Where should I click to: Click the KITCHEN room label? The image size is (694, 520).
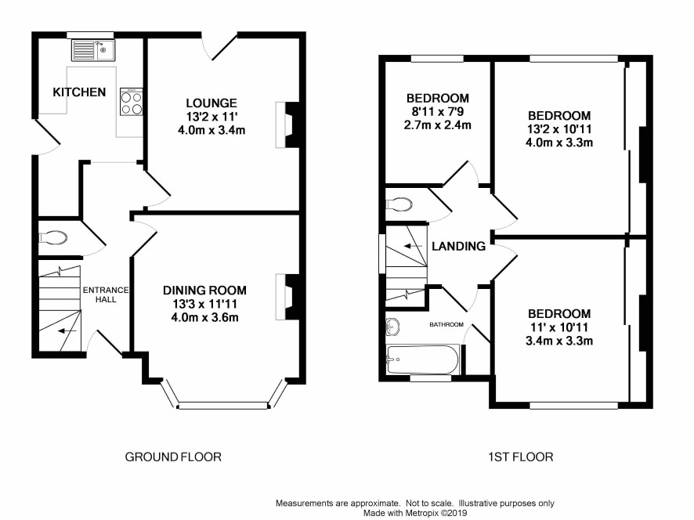point(79,92)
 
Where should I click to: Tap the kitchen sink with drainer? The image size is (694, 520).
point(93,49)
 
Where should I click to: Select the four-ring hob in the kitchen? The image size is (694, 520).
point(132,102)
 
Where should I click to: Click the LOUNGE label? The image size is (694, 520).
point(211,103)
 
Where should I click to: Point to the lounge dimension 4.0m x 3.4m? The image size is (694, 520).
point(211,131)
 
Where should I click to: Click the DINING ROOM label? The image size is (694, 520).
point(204,291)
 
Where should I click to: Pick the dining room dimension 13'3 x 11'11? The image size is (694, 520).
point(204,304)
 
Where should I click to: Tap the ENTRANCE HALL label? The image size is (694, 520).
point(106,294)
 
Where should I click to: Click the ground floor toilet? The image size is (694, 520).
point(53,238)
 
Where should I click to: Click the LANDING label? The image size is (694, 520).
point(458,246)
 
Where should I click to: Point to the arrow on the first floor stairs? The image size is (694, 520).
point(413,246)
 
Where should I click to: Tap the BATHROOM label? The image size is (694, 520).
point(446,324)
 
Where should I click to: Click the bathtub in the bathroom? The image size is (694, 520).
point(423,359)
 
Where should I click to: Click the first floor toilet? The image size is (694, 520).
point(399,204)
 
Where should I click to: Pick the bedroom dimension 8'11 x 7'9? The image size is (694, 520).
point(437,111)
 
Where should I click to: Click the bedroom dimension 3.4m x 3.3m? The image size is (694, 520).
point(559,341)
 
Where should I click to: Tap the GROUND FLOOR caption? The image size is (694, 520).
point(173,457)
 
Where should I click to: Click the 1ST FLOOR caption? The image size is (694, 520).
point(520,457)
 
